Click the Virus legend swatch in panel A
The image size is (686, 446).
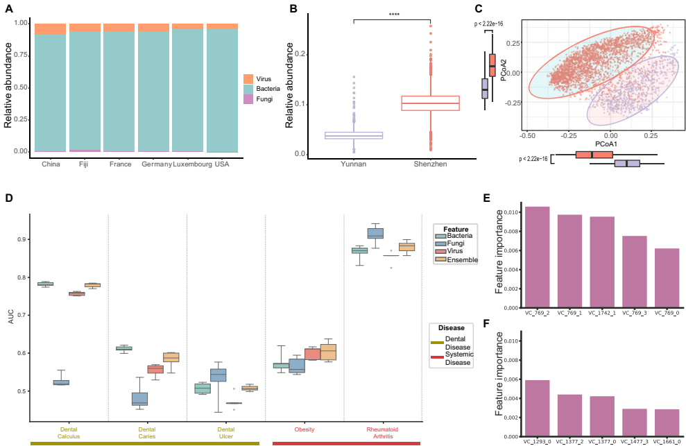pyautogui.click(x=248, y=78)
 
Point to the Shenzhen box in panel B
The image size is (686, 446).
pyautogui.click(x=431, y=103)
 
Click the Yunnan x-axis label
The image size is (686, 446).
pyautogui.click(x=354, y=164)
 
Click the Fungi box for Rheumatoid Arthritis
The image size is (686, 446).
pyautogui.click(x=375, y=233)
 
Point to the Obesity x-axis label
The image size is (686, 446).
pyautogui.click(x=305, y=429)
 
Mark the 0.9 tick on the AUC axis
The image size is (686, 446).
pyautogui.click(x=21, y=239)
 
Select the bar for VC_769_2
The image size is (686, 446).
pyautogui.click(x=537, y=257)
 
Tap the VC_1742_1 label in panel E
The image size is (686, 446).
pyautogui.click(x=601, y=313)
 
